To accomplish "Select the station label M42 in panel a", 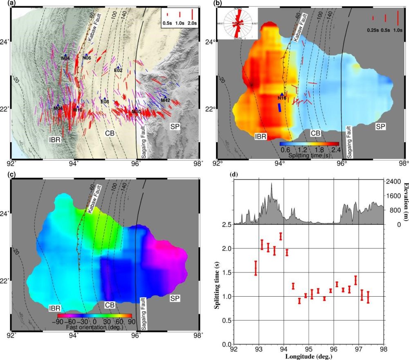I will (165, 101).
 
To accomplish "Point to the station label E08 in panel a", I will (105, 102).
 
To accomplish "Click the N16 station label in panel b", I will (282, 98).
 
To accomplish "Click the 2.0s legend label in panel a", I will (191, 24).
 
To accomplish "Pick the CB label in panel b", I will (315, 133).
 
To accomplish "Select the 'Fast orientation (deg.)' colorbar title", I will (94, 322).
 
